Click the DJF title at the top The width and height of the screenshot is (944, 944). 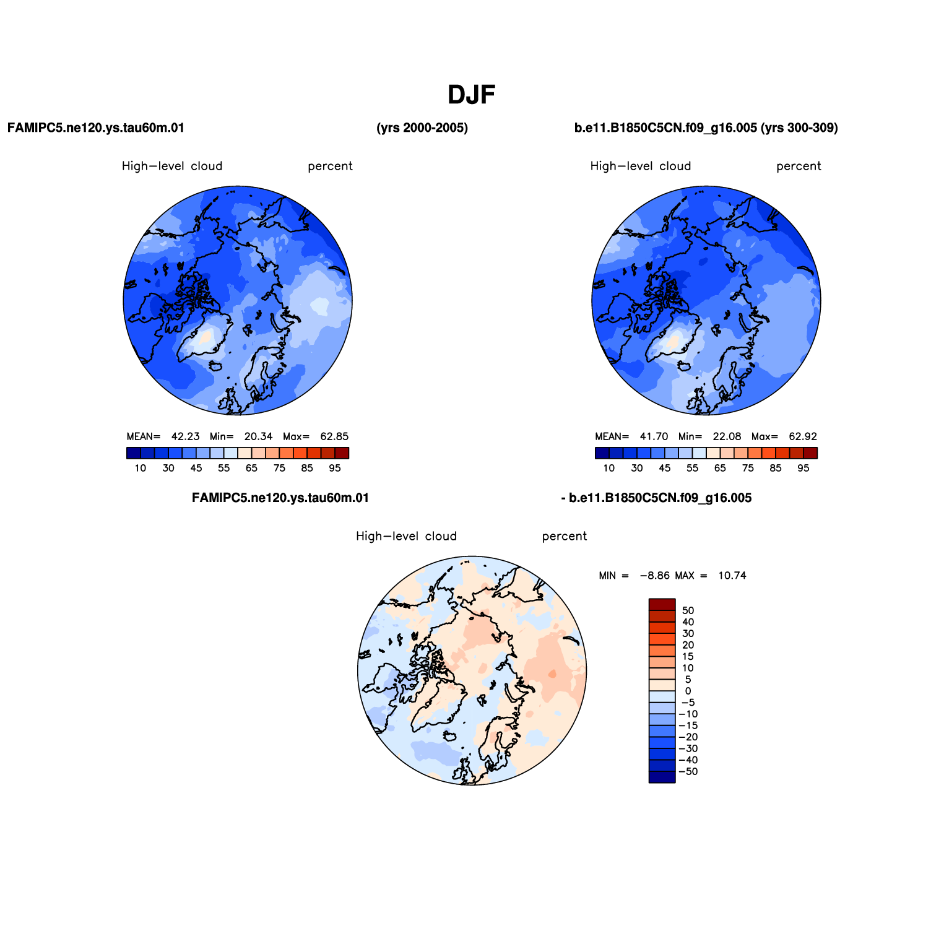click(x=472, y=95)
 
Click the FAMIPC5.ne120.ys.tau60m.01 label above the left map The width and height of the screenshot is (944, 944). click(x=96, y=128)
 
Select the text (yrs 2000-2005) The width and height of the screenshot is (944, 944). click(x=422, y=128)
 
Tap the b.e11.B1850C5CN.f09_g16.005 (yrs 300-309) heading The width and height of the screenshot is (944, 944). click(x=706, y=128)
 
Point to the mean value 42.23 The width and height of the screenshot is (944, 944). click(x=186, y=436)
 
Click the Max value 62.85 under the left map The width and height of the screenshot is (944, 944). click(x=334, y=436)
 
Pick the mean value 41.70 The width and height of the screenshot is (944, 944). click(x=654, y=436)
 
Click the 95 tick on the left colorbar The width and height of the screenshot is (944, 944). click(x=335, y=468)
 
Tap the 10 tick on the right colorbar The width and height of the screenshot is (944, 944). click(x=609, y=468)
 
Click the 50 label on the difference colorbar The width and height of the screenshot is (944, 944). click(x=688, y=610)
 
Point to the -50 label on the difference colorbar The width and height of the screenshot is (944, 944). click(x=688, y=771)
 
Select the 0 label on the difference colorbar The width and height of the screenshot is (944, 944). click(x=688, y=691)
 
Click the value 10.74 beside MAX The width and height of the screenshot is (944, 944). click(x=732, y=576)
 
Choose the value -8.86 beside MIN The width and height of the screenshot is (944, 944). click(x=655, y=576)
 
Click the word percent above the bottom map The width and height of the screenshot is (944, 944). click(x=565, y=536)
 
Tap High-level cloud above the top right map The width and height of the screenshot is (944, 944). click(x=641, y=166)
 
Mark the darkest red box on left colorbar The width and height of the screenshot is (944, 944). click(x=342, y=453)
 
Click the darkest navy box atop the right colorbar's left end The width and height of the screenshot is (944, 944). click(x=602, y=453)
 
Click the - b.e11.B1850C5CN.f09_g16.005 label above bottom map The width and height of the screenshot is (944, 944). click(x=656, y=498)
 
